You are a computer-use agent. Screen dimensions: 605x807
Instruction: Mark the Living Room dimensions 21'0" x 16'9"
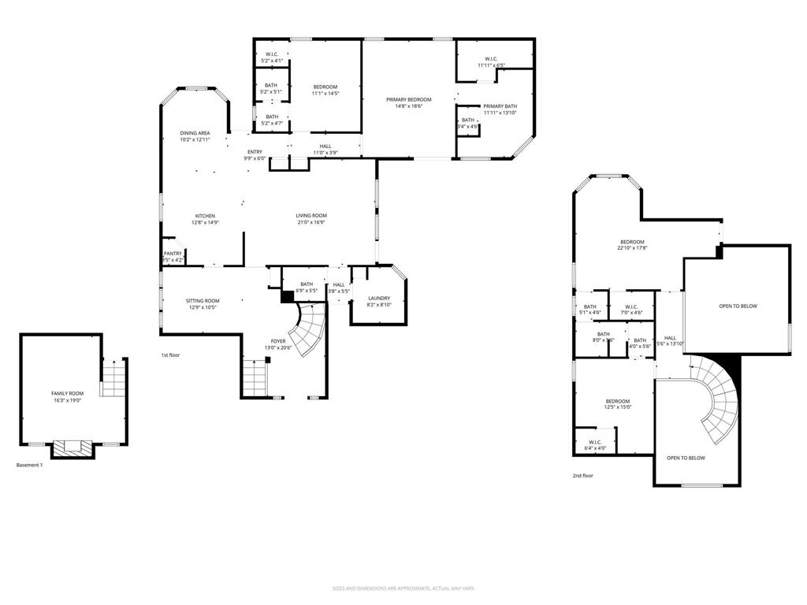311,222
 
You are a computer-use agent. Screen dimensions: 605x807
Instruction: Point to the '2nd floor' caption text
583,476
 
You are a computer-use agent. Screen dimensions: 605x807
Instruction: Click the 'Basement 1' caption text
30,465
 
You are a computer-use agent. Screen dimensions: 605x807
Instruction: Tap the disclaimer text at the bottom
403,588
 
